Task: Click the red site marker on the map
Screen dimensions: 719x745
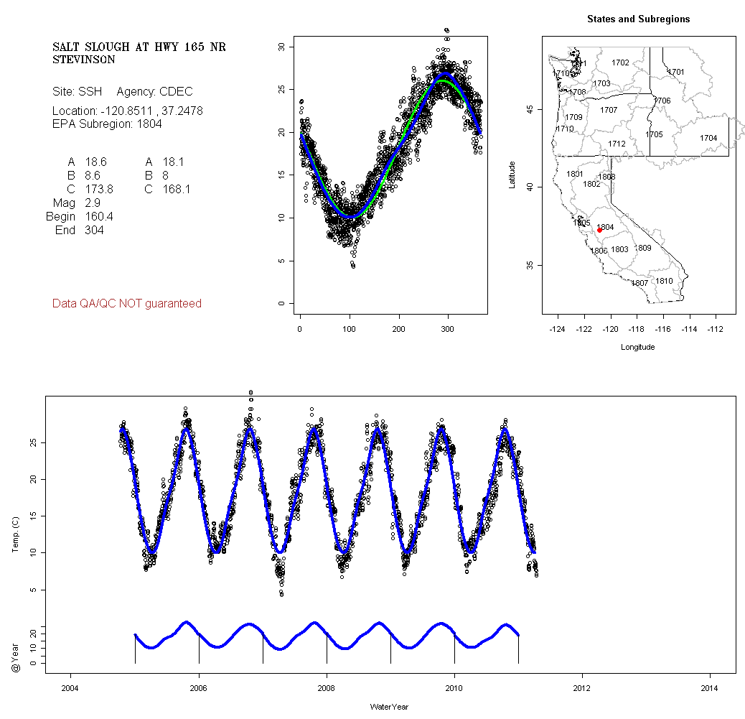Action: (599, 230)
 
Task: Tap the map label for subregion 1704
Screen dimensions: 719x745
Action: (708, 138)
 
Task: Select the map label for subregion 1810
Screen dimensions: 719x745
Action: (664, 281)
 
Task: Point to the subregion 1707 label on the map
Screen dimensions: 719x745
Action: (609, 110)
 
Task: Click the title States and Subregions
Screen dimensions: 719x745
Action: (638, 19)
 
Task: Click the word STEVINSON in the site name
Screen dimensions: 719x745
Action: (84, 60)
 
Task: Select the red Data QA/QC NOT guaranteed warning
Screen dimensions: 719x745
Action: (127, 304)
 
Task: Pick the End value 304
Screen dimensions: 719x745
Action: (94, 231)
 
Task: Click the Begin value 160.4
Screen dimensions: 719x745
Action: (99, 217)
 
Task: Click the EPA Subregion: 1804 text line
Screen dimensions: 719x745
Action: (107, 124)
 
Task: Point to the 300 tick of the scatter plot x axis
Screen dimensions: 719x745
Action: (448, 329)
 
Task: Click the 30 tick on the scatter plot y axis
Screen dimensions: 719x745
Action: (282, 47)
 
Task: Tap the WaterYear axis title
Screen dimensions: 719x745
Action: (389, 707)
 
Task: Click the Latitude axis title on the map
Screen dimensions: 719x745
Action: (512, 175)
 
